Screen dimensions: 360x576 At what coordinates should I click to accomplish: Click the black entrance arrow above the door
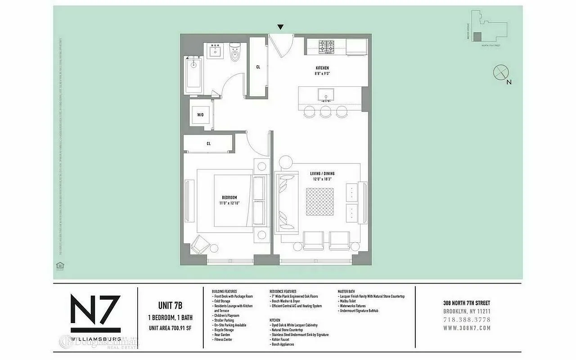tap(280, 27)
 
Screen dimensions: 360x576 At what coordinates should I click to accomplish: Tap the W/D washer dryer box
tap(200, 115)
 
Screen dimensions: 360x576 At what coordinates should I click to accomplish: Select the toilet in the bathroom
tap(235, 54)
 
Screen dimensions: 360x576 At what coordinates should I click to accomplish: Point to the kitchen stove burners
tap(325, 47)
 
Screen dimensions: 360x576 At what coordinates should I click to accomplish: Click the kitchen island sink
tap(325, 95)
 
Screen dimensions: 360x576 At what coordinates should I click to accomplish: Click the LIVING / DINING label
tap(322, 174)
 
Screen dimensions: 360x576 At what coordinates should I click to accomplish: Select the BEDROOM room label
tap(229, 198)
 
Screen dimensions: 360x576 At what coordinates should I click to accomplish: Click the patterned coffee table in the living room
tap(320, 202)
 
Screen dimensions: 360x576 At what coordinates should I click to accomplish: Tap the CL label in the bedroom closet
tap(209, 144)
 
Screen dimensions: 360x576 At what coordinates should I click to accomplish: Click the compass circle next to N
tap(500, 72)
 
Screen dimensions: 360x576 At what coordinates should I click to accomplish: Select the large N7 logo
tap(95, 310)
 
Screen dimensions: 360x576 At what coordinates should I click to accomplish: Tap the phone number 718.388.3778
tap(467, 319)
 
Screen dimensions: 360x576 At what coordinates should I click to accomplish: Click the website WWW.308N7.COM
tap(467, 328)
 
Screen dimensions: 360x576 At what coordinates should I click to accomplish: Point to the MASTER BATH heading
tap(350, 292)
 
